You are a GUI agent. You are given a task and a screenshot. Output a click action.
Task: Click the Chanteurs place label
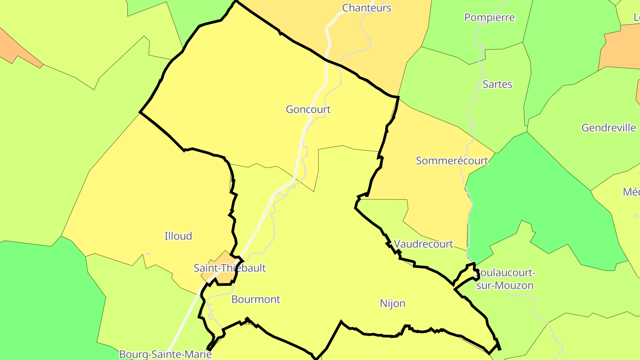pos(367,8)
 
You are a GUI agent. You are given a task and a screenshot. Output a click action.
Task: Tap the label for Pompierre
pos(489,18)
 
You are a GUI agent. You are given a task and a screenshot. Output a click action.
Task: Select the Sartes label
pos(497,84)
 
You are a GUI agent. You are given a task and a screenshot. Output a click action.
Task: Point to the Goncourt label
pos(308,109)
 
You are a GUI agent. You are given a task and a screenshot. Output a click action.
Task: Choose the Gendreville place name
pos(608,128)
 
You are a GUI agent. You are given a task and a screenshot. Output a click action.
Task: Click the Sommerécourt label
pos(452,161)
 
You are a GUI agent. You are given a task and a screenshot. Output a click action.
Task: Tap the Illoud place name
pos(178,236)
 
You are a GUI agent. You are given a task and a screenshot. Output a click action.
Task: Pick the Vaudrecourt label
pos(423,244)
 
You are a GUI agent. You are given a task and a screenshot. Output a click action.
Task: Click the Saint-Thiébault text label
pos(229,268)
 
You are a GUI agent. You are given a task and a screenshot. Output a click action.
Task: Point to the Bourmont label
pos(256,300)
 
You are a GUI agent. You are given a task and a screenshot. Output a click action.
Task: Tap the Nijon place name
pos(392,304)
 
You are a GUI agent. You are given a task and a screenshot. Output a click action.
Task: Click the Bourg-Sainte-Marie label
pos(165,354)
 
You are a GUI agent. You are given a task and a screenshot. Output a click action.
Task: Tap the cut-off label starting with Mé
pos(632,192)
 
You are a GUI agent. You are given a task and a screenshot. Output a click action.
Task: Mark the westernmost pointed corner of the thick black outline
pos(140,112)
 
